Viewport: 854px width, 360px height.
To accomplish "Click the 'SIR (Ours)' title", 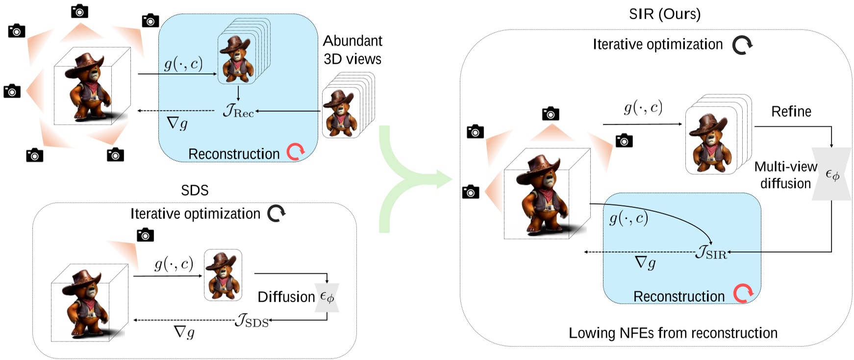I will click(665, 14).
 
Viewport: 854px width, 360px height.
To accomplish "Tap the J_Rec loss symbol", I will click(238, 111).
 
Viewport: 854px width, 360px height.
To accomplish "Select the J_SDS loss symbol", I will click(252, 321).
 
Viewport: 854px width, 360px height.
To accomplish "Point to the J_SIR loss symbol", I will click(711, 253).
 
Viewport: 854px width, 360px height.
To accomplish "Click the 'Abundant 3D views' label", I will click(352, 50).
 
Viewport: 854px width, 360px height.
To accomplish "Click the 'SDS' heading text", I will click(195, 190).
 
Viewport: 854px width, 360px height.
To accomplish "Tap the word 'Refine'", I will click(791, 112).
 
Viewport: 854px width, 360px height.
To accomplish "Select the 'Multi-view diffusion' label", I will click(785, 175).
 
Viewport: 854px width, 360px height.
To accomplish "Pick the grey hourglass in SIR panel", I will click(831, 174).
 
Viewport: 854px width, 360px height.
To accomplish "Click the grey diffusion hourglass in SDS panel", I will click(327, 297).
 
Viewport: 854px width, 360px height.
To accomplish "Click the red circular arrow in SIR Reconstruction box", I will click(743, 294).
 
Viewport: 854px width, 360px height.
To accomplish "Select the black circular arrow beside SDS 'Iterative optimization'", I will click(276, 213).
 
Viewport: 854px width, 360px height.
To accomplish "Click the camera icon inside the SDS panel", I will click(145, 235).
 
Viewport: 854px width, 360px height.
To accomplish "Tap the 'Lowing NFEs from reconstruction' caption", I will click(673, 333).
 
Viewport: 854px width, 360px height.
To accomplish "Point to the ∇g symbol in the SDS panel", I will click(184, 333).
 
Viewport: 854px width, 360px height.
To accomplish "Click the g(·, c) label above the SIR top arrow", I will click(643, 107).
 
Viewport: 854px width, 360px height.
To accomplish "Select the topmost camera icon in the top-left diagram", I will click(79, 11).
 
